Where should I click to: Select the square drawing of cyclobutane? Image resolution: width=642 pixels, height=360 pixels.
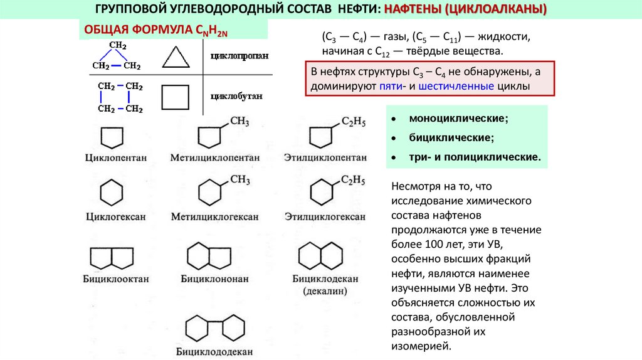pos(162,97)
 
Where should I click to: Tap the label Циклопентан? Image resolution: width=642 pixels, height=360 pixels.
pos(116,157)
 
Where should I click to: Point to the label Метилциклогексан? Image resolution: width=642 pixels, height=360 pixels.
pos(215,216)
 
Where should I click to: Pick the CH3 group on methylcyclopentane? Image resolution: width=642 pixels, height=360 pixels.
pos(240,121)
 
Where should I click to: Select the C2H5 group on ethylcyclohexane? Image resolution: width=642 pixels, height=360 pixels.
pos(353,180)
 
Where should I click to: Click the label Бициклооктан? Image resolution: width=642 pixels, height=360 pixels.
pos(116,279)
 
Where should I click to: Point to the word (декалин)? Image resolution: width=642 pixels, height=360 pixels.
pos(325,291)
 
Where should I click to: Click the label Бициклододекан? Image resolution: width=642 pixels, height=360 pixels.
pos(214,351)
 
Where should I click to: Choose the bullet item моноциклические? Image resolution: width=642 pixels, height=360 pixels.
pos(458,119)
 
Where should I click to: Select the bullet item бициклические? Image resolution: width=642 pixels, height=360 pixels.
pos(451,137)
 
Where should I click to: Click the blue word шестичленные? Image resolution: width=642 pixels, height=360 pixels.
pos(456,87)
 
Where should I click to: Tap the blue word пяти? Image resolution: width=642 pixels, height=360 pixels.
pos(391,87)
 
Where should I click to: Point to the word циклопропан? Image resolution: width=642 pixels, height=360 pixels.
pos(239,56)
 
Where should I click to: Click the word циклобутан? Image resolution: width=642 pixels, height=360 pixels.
pos(236,96)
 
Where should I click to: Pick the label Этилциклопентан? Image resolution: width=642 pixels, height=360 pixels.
pos(325,157)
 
